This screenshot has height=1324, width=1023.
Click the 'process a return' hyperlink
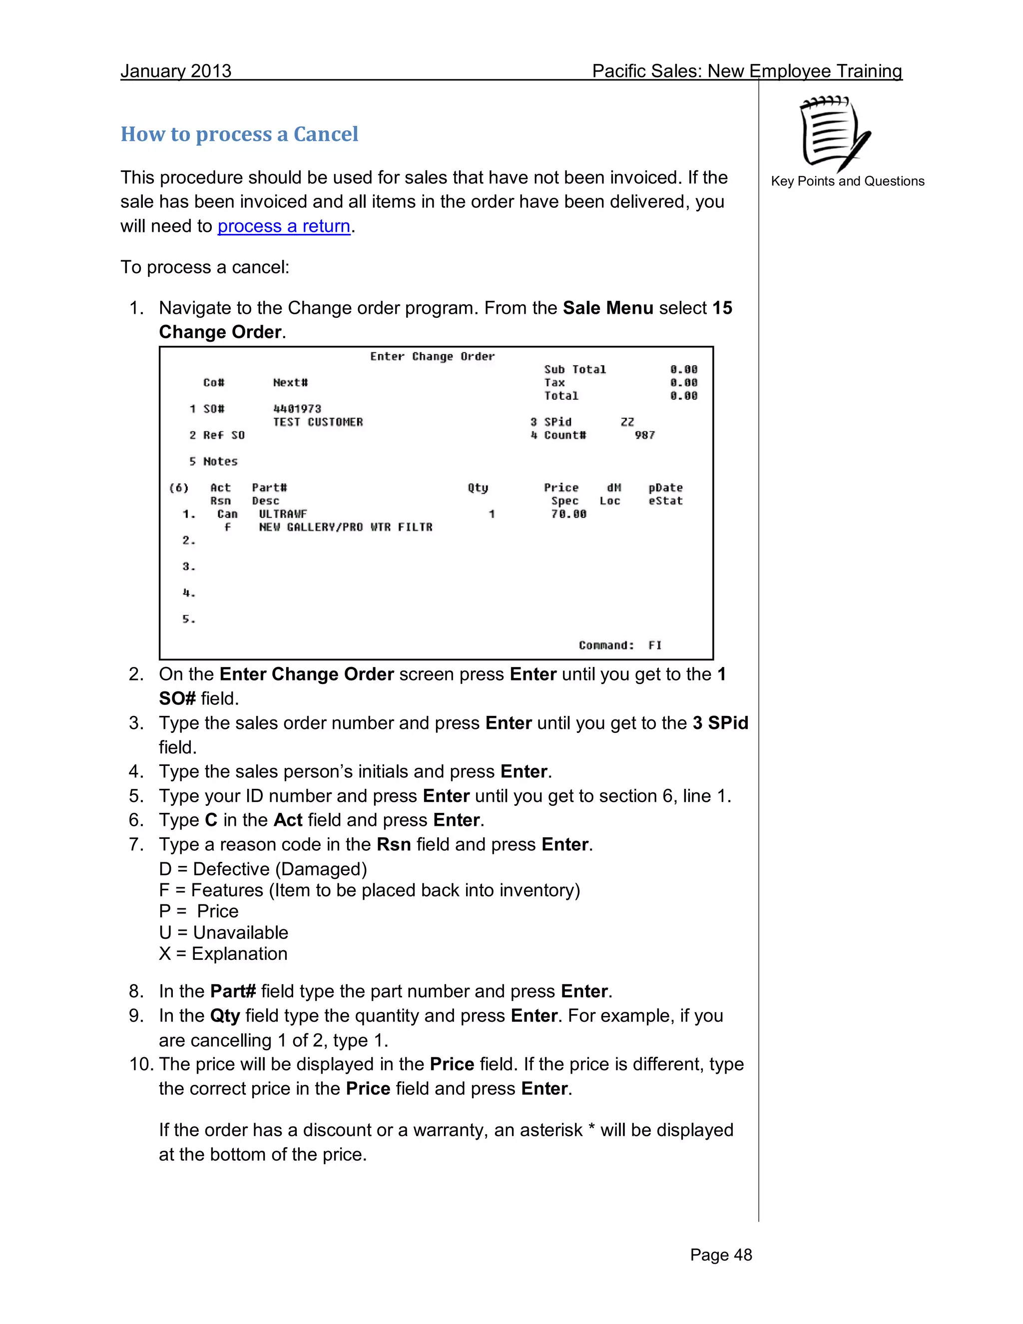[284, 226]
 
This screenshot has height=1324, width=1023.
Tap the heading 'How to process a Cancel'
[239, 134]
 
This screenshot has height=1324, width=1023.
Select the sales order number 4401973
[297, 409]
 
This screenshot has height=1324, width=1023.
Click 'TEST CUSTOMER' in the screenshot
[318, 422]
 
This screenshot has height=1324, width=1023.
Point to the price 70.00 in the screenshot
[568, 514]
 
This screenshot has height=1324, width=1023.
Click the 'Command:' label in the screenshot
[606, 645]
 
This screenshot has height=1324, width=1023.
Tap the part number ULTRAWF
[283, 514]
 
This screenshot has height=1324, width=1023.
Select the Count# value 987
[645, 435]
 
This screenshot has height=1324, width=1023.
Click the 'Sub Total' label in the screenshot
[574, 369]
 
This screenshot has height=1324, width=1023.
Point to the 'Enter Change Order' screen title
[432, 356]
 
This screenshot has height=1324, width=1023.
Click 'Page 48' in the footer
[721, 1255]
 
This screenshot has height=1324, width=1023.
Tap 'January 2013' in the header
[176, 71]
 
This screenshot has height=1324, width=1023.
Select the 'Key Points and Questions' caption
[847, 181]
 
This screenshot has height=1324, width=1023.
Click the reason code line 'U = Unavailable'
[224, 932]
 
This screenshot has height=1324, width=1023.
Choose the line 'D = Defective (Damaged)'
[263, 869]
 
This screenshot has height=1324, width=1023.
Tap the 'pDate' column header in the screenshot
[665, 488]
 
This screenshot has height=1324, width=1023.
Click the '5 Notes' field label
[213, 461]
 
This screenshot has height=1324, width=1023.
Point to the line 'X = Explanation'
[223, 954]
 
